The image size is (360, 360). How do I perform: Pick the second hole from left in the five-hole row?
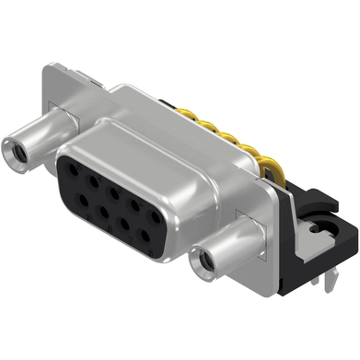click(x=90, y=181)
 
